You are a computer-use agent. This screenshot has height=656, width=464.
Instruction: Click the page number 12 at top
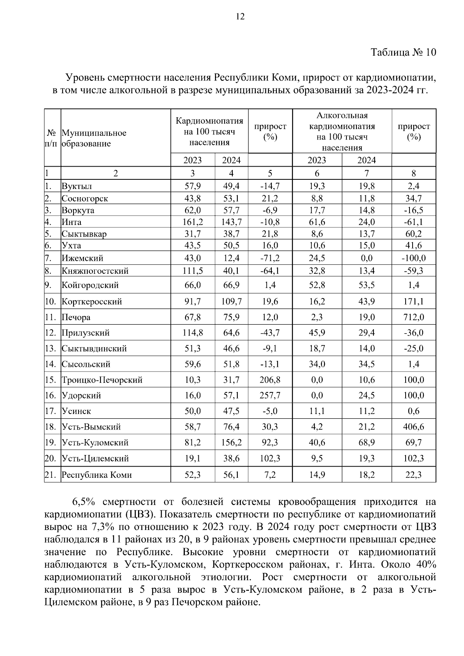click(x=240, y=17)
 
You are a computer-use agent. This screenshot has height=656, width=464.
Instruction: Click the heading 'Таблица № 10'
click(x=403, y=52)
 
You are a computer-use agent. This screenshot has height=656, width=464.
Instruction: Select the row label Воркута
click(x=78, y=211)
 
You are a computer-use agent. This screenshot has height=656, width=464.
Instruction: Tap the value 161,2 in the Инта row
click(x=193, y=222)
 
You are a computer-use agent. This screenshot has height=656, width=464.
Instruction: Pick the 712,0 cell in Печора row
click(x=414, y=317)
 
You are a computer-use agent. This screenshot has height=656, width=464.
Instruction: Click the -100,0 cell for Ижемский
click(x=414, y=258)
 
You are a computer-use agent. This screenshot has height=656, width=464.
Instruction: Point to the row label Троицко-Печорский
click(x=102, y=380)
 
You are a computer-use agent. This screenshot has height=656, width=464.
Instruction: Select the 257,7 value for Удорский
click(x=270, y=395)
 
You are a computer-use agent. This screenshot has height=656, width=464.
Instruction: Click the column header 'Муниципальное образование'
click(x=94, y=138)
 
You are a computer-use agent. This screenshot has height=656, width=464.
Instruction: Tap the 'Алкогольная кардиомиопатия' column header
click(x=342, y=121)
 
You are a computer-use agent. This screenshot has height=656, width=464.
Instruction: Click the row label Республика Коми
click(x=97, y=475)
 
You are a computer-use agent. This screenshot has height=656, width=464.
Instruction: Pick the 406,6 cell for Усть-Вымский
click(x=414, y=427)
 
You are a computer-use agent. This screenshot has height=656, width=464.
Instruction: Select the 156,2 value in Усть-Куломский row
click(x=231, y=443)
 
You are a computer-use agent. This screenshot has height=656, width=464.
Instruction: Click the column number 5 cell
click(x=270, y=173)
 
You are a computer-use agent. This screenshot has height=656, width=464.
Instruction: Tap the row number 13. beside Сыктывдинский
click(x=50, y=349)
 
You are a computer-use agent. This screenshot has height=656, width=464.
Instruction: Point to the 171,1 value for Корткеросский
click(x=414, y=302)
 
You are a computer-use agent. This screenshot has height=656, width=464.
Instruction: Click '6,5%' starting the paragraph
click(x=83, y=502)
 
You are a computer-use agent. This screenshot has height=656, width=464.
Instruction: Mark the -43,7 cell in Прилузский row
click(x=270, y=333)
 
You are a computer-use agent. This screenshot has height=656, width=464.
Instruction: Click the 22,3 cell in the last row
click(x=414, y=475)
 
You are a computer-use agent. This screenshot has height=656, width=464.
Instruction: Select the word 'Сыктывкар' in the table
click(x=84, y=234)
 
